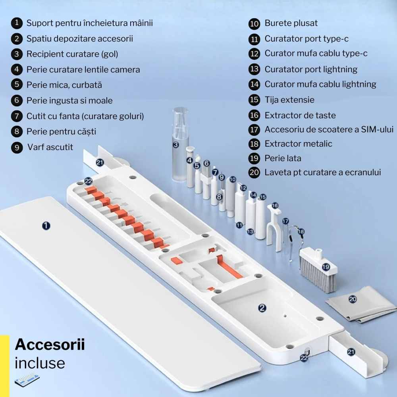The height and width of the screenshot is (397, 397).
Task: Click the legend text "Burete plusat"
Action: click(x=291, y=23)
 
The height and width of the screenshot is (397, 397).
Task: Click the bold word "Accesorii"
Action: click(x=50, y=345)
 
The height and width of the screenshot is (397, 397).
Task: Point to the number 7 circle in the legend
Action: click(x=16, y=116)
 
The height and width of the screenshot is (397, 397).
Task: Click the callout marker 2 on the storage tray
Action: click(x=262, y=307)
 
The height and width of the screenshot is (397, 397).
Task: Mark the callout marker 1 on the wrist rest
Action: click(x=46, y=225)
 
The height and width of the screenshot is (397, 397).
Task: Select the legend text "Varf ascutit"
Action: click(x=50, y=147)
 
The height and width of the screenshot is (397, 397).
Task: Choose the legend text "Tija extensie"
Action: click(x=289, y=100)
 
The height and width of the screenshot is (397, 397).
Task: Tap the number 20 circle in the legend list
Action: click(x=254, y=172)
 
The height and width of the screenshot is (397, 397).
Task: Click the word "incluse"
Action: click(x=40, y=363)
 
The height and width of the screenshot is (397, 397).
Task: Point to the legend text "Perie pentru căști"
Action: click(x=61, y=131)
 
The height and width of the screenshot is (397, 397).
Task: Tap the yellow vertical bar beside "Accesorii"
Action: click(x=4, y=365)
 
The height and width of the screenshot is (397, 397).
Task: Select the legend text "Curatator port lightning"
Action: click(x=311, y=69)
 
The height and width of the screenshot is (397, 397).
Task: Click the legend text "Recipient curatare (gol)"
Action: click(x=72, y=54)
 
